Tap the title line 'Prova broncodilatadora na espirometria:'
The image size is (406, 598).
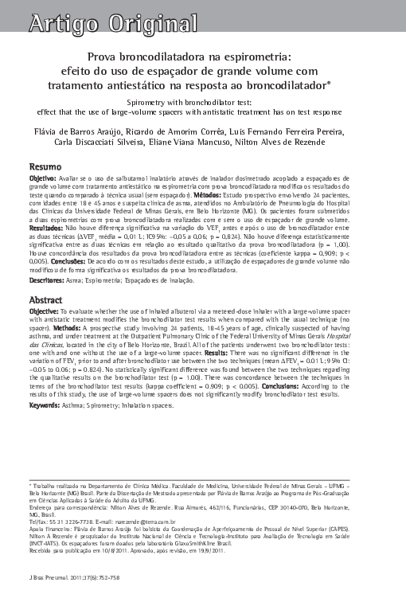pyautogui.click(x=202, y=57)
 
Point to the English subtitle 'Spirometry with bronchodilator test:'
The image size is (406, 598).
pyautogui.click(x=202, y=104)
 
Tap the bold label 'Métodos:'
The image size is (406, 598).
pyautogui.click(x=213, y=195)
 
